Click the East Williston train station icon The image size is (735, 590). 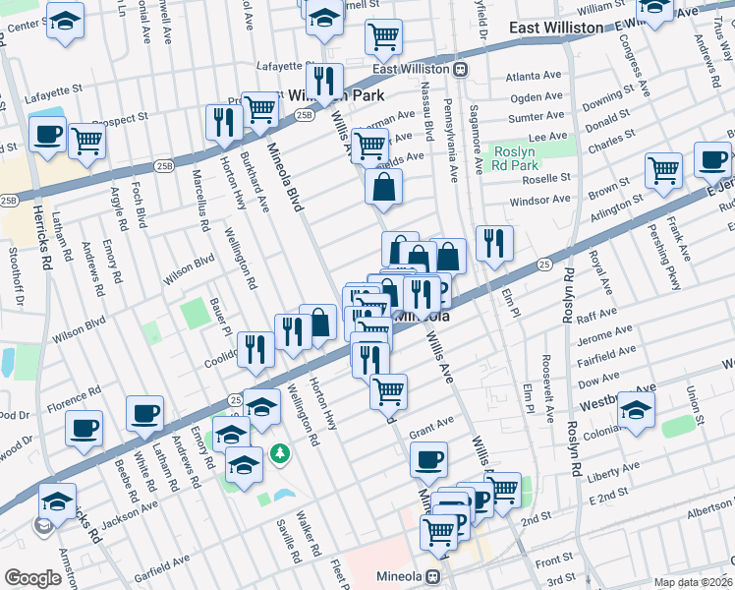[x=460, y=70]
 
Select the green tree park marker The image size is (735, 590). [x=281, y=452]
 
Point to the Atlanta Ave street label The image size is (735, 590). [x=533, y=76]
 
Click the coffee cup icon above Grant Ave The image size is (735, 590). [x=428, y=458]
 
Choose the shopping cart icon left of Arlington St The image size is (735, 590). [x=663, y=169]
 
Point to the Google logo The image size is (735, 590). [x=32, y=578]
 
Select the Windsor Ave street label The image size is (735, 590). [x=539, y=200]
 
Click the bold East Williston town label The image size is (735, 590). [x=556, y=28]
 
